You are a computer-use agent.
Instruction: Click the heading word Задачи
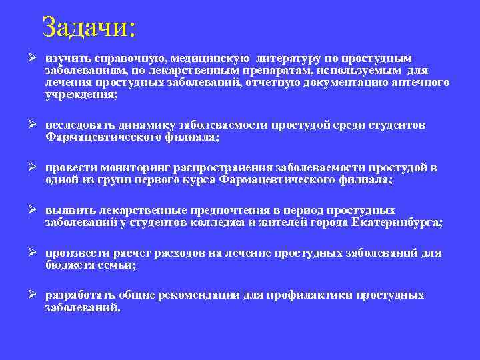click(87, 27)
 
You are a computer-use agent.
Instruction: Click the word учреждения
click(80, 95)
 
